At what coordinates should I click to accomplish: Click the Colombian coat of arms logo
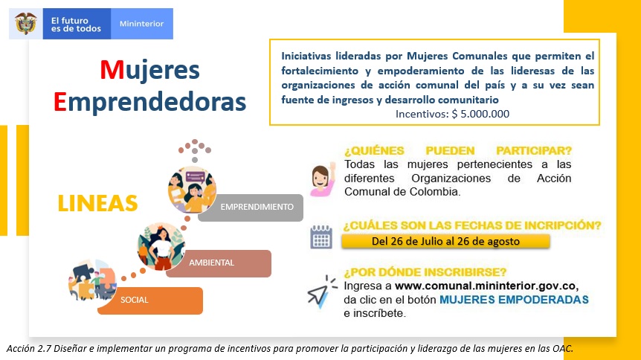click(x=26, y=24)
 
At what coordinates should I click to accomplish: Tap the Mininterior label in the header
click(x=141, y=24)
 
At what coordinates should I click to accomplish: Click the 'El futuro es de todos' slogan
click(x=76, y=25)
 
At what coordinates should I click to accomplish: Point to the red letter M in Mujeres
click(x=112, y=70)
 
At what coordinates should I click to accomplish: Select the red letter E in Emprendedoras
click(x=59, y=102)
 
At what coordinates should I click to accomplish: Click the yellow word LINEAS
click(x=97, y=203)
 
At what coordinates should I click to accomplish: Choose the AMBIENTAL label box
click(x=219, y=263)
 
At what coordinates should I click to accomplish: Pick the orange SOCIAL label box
click(x=150, y=300)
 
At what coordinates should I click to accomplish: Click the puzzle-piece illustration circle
click(x=92, y=280)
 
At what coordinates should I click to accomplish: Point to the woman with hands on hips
click(x=161, y=247)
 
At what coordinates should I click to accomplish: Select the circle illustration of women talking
click(x=192, y=190)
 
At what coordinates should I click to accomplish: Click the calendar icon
click(x=321, y=237)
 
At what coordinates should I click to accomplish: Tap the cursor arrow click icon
click(x=321, y=292)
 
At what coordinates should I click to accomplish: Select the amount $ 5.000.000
click(x=480, y=114)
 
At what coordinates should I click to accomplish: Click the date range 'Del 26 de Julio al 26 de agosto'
click(x=445, y=241)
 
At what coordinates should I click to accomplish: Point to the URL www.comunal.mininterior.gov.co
click(x=486, y=286)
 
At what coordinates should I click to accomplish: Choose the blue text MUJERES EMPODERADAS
click(x=514, y=300)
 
